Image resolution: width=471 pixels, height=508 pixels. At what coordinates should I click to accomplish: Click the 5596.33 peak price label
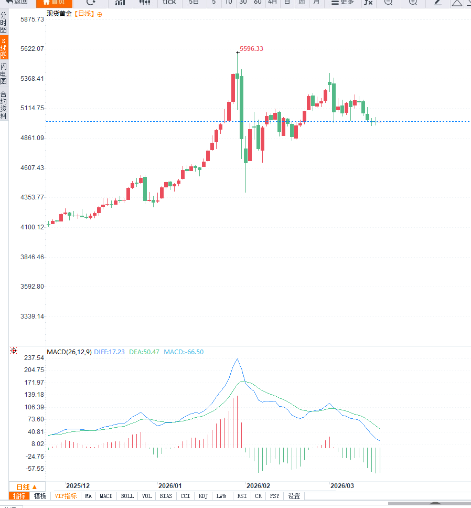click(251, 49)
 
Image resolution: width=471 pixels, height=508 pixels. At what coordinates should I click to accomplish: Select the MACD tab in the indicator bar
click(106, 496)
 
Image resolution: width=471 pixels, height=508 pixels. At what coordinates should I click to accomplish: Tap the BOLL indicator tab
click(127, 496)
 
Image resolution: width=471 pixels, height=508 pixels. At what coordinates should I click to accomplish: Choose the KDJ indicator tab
click(204, 496)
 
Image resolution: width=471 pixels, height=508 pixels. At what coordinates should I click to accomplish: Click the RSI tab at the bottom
click(242, 496)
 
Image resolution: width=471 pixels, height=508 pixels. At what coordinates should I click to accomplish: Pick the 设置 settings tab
click(294, 496)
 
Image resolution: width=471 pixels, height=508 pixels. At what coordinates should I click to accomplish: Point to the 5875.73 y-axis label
click(32, 19)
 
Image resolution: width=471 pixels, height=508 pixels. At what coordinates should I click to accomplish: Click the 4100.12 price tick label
click(32, 227)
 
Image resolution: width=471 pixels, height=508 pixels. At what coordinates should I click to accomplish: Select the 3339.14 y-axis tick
click(32, 316)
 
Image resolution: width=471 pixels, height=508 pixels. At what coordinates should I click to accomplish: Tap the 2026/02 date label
click(259, 486)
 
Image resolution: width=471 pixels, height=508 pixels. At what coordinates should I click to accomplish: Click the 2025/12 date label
click(78, 486)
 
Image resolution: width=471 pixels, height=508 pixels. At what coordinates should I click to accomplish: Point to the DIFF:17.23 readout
click(110, 352)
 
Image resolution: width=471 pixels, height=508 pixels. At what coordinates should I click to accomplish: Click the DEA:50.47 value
click(144, 352)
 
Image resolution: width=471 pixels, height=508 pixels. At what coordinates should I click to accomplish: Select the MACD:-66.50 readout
click(184, 352)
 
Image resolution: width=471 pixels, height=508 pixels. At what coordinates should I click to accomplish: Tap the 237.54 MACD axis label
click(34, 357)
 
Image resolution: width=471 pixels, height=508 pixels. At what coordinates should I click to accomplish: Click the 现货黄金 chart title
click(59, 14)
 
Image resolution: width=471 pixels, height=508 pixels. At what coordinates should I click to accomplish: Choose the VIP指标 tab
click(66, 496)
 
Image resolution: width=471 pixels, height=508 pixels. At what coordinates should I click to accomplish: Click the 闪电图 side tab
click(4, 74)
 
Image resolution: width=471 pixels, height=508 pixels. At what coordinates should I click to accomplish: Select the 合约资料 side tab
click(4, 105)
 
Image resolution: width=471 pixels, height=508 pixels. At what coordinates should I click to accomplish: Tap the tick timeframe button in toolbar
click(169, 2)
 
